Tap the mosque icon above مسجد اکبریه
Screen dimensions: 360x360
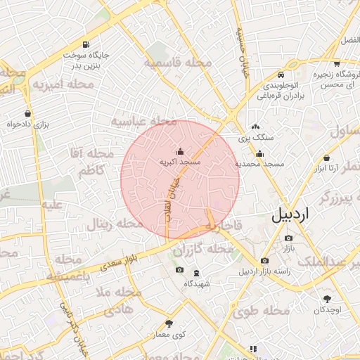click(180, 151)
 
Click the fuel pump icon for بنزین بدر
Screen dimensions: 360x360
click(86, 44)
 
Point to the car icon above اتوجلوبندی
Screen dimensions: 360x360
click(281, 75)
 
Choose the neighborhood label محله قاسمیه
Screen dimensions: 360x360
click(178, 63)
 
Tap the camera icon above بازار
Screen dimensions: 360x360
click(288, 238)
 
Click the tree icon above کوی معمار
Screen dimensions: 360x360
click(169, 324)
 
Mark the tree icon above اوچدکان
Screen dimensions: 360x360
click(327, 299)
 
